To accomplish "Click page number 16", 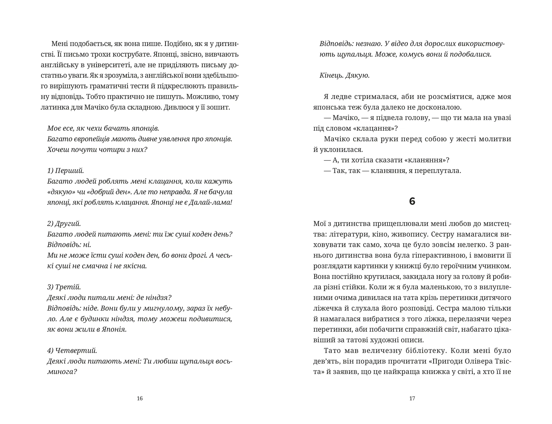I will pos(140,398).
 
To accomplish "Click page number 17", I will pos(412,398).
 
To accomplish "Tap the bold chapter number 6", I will pos(412,202).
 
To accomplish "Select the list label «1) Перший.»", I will pos(66,171).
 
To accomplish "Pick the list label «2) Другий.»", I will pos(64,223).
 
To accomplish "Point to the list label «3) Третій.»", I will pos(64,287).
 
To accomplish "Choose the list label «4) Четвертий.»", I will pos(72,350).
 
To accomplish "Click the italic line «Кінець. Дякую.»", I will pos(344,75).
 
